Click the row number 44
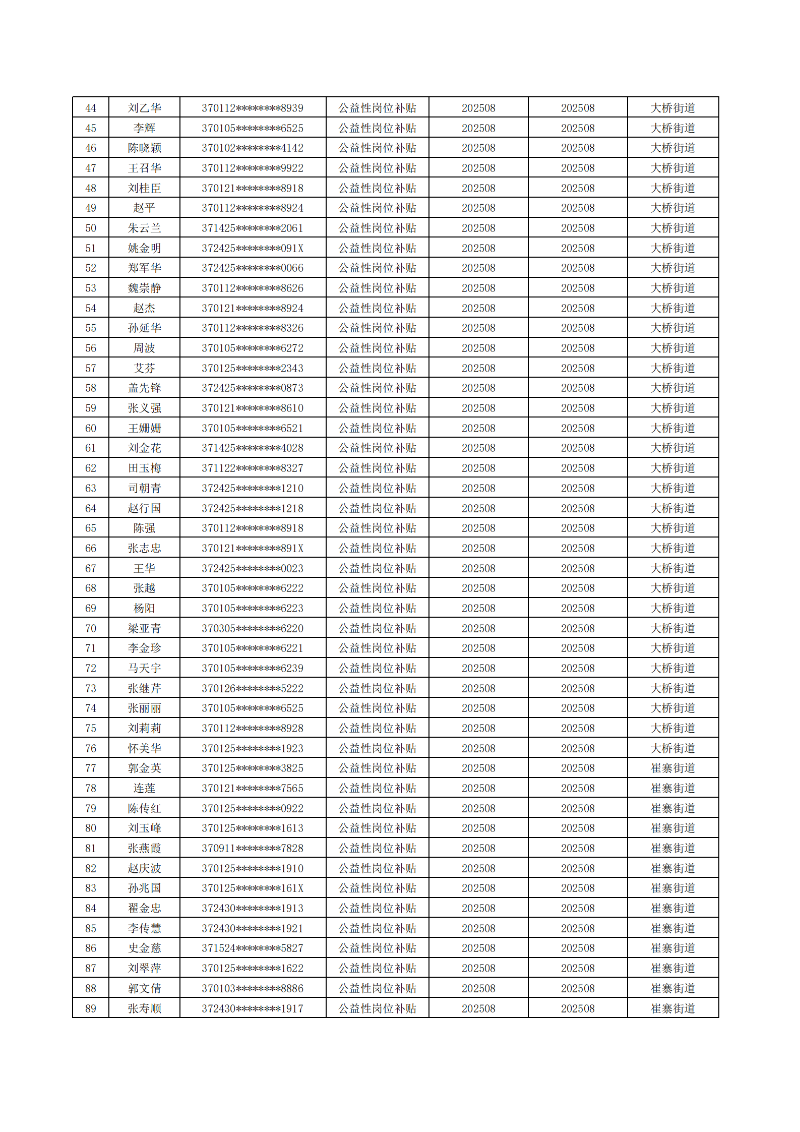point(91,108)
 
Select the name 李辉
point(144,128)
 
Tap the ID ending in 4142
point(252,148)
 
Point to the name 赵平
point(144,208)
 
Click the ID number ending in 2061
point(252,228)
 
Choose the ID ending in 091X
point(252,248)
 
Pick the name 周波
point(144,348)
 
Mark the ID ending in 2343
point(252,368)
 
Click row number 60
point(91,428)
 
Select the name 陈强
point(144,528)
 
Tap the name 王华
point(144,568)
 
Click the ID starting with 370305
point(252,628)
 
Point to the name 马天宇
point(144,668)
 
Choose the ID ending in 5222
point(252,688)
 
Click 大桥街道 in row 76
point(672,748)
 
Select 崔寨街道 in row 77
point(672,768)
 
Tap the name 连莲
point(144,788)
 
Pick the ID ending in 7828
point(252,848)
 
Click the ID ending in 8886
point(252,988)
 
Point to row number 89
point(91,1008)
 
